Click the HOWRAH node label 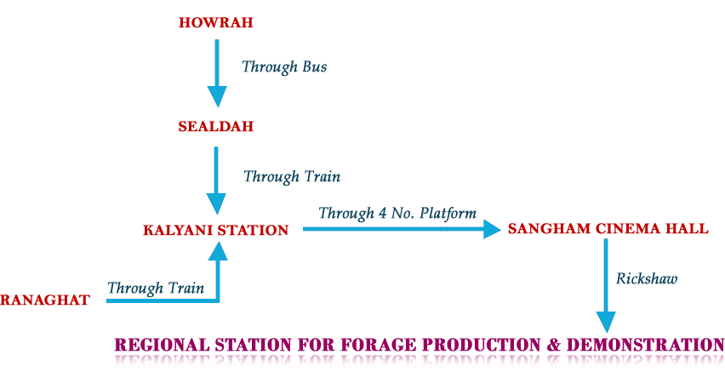tap(215, 24)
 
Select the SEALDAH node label tap(215, 127)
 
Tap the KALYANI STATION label tap(215, 230)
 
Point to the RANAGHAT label tap(44, 300)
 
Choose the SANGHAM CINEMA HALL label tap(608, 229)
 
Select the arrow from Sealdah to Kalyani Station tap(218, 179)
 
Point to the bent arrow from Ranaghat tap(218, 281)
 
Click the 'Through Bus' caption tap(283, 67)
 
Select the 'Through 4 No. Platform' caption tap(397, 213)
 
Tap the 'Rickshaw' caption tap(647, 278)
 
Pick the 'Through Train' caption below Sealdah tap(292, 177)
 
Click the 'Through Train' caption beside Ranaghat tap(156, 288)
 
